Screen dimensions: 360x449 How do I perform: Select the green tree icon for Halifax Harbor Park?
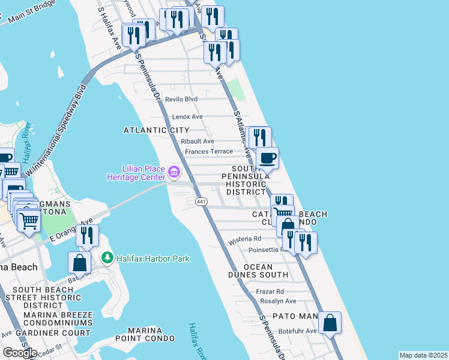107,257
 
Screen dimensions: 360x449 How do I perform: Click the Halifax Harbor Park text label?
152,259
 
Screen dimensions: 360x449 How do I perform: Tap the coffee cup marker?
267,159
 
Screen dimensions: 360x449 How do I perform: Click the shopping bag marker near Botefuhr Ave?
330,323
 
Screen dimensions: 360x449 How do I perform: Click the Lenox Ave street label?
187,116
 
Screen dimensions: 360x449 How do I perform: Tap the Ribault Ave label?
197,141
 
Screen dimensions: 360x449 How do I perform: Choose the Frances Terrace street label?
208,152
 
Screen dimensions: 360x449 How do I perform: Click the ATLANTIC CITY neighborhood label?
156,130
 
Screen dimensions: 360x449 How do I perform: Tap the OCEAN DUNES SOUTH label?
258,271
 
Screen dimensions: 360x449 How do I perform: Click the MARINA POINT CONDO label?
152,335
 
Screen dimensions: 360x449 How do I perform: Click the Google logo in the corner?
20,353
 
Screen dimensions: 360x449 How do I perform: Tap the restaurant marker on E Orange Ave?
88,235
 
